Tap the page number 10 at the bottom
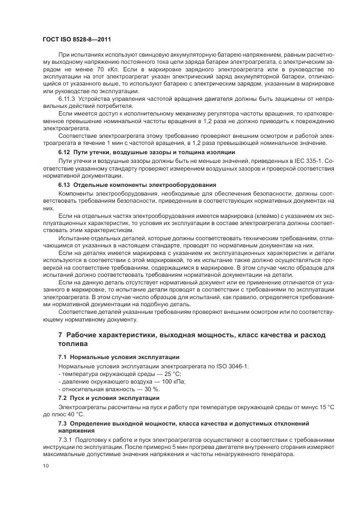click(x=45, y=466)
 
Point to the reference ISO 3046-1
click(x=228, y=366)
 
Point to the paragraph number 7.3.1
click(x=66, y=439)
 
